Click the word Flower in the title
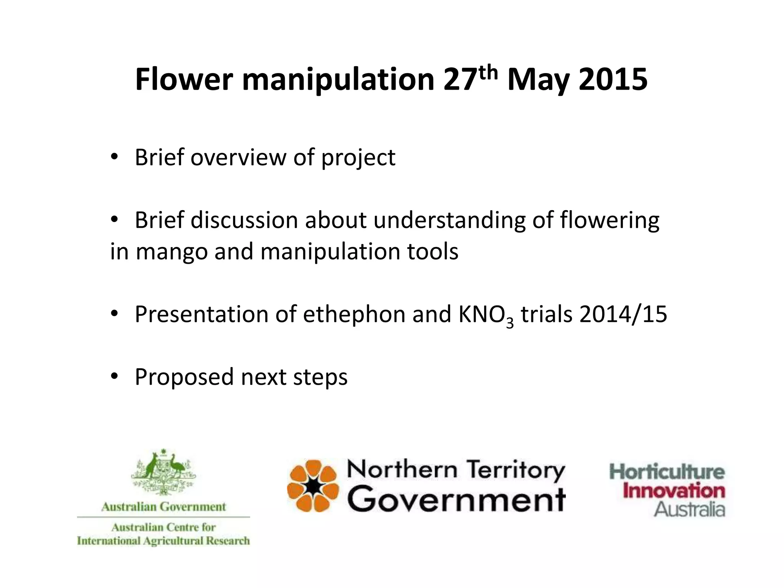[x=184, y=80]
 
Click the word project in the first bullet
[x=358, y=158]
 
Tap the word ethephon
[x=354, y=314]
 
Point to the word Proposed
[x=184, y=377]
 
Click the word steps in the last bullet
[x=320, y=377]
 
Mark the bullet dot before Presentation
[x=114, y=314]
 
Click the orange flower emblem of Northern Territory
[x=313, y=486]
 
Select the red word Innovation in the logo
[x=674, y=491]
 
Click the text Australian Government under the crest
[x=163, y=507]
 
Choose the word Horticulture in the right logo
[x=667, y=472]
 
